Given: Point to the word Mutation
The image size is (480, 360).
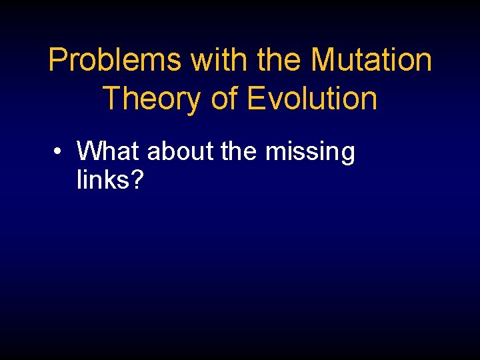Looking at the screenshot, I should click(x=371, y=60).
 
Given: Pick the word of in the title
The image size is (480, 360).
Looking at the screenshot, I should click(x=224, y=99).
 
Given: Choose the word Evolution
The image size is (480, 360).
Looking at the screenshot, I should click(x=312, y=99).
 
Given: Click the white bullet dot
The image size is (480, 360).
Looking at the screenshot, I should click(x=59, y=152).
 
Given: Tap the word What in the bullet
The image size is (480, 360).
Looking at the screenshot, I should click(x=109, y=152).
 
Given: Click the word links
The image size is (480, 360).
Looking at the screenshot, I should click(x=103, y=179).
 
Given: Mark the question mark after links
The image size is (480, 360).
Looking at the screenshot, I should click(x=137, y=179).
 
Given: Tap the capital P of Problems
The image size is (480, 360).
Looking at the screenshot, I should click(x=58, y=60).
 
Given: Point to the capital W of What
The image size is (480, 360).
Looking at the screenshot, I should click(x=89, y=152).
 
